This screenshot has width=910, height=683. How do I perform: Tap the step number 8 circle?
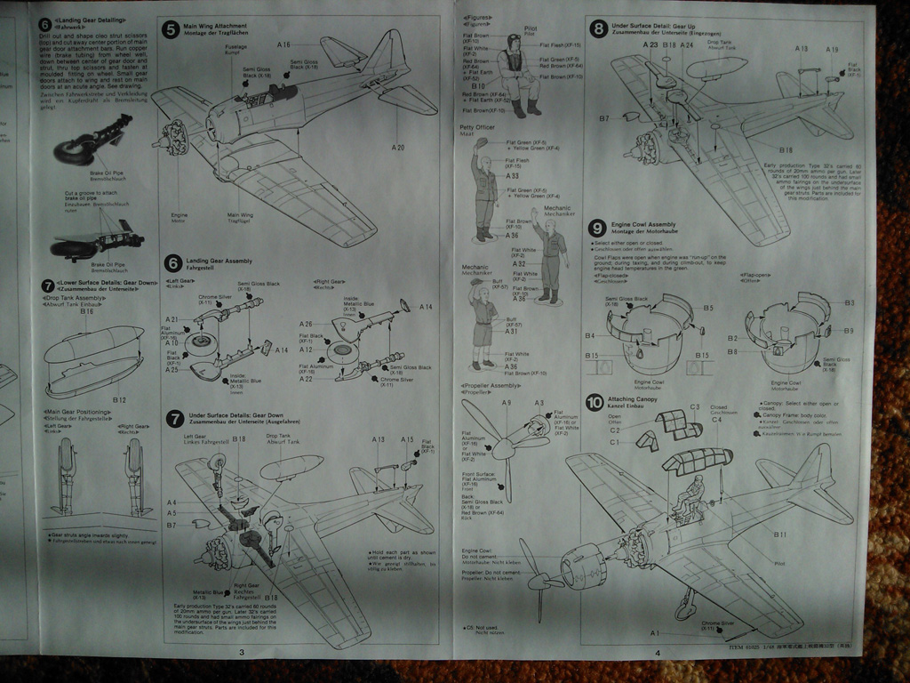[x=599, y=28]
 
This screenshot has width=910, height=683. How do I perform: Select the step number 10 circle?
[x=594, y=403]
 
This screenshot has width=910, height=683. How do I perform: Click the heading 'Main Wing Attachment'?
[x=214, y=26]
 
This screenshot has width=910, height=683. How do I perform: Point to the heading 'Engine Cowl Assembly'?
[x=643, y=225]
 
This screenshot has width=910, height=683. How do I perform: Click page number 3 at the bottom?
[x=241, y=654]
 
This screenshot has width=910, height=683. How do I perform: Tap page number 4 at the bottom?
[x=657, y=654]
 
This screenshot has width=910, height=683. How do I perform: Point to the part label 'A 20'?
[x=397, y=147]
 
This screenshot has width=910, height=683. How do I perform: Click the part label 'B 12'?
[x=120, y=400]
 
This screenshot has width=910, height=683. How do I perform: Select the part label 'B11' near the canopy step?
[x=779, y=534]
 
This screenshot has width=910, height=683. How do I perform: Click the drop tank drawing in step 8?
[x=716, y=67]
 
